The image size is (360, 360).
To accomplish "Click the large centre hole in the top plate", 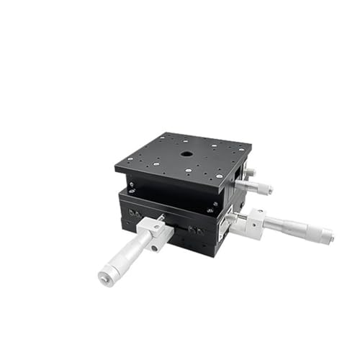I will (x=186, y=154).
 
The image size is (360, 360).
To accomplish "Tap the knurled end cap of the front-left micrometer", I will (x=108, y=272).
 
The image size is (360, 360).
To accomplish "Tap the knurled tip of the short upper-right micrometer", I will (x=266, y=189).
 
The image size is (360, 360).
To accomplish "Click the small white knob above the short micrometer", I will (x=250, y=174).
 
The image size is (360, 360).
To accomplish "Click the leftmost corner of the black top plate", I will (x=115, y=170).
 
